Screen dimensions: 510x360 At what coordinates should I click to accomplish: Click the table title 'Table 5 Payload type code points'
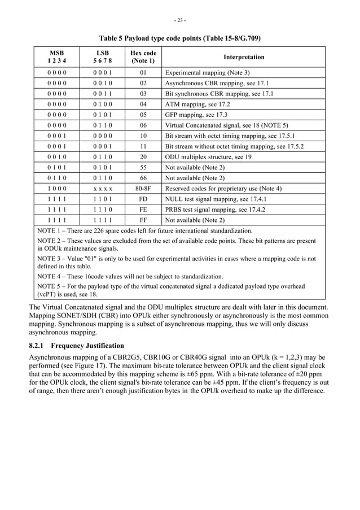click(x=180, y=38)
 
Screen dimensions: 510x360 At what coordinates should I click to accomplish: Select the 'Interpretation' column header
click(x=244, y=57)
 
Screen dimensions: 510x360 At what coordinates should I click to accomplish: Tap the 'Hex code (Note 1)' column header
click(x=143, y=57)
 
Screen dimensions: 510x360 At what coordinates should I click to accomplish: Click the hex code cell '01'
click(x=143, y=73)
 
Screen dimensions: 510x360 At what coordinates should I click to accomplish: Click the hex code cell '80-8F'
click(x=143, y=189)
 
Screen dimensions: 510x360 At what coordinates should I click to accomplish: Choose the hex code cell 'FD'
click(x=143, y=199)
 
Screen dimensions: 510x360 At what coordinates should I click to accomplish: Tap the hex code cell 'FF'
click(x=143, y=220)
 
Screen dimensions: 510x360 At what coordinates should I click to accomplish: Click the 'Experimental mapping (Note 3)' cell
click(x=207, y=73)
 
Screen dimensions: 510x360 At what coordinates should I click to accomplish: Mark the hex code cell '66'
click(x=143, y=178)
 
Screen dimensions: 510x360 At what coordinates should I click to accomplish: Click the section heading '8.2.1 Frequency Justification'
click(x=76, y=345)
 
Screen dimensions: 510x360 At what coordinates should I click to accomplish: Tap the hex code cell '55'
click(x=143, y=168)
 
